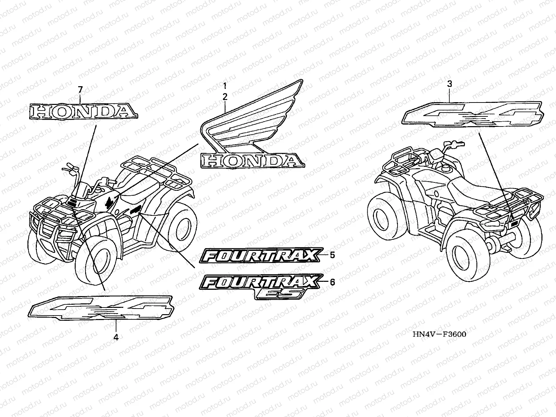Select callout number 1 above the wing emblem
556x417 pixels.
(225, 85)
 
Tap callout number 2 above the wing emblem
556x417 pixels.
(225, 97)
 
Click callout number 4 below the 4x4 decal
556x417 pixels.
(116, 337)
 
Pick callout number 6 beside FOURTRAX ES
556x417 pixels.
(332, 282)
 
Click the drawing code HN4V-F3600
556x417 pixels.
(439, 334)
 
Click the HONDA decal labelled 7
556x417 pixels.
(82, 111)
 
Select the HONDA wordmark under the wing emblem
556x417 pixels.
(253, 161)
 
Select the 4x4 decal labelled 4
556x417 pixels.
(101, 307)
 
